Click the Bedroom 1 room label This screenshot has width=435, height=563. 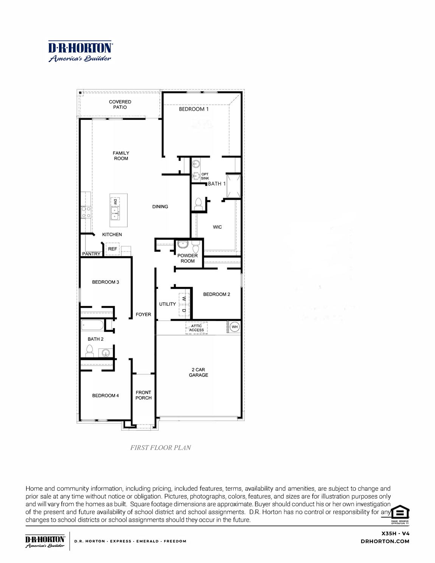pyautogui.click(x=194, y=109)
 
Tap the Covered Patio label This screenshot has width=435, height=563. pyautogui.click(x=120, y=104)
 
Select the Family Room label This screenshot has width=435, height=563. pyautogui.click(x=121, y=156)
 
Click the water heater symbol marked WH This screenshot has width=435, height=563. pyautogui.click(x=235, y=327)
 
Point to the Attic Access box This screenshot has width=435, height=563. pyautogui.click(x=196, y=328)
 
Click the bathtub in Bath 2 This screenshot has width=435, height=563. pyautogui.click(x=92, y=325)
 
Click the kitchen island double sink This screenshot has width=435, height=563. pyautogui.click(x=115, y=213)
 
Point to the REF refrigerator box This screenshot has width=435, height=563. pyautogui.click(x=112, y=249)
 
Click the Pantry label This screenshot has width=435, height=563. pyautogui.click(x=91, y=254)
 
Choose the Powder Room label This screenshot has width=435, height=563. pyautogui.click(x=188, y=258)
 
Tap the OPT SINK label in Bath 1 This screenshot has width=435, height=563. pyautogui.click(x=205, y=176)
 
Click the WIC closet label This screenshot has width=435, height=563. pyautogui.click(x=217, y=227)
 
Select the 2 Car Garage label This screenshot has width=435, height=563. pyautogui.click(x=198, y=372)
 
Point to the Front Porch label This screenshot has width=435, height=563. pyautogui.click(x=143, y=395)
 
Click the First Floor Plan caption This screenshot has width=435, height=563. pyautogui.click(x=160, y=448)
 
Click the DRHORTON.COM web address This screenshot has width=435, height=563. pyautogui.click(x=385, y=541)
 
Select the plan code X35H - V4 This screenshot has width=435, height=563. pyautogui.click(x=395, y=534)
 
